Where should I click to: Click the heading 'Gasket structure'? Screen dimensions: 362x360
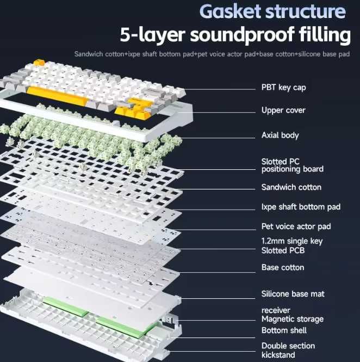(272, 11)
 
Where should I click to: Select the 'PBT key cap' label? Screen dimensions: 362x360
(287, 87)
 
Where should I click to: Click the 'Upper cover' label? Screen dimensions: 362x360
(283, 111)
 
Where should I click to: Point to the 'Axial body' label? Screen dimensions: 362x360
(280, 135)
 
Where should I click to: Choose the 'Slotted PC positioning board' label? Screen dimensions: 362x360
(292, 165)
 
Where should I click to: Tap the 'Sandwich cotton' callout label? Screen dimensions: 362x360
(291, 187)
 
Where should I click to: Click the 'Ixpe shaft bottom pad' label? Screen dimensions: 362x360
(301, 207)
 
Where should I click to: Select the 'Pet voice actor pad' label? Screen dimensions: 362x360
(296, 226)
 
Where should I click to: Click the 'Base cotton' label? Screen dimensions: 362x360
(282, 267)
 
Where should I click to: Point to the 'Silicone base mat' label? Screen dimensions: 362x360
(293, 294)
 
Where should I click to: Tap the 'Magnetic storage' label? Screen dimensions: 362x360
(292, 319)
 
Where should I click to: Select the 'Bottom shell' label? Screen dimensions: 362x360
(284, 330)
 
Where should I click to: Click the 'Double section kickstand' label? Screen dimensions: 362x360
(288, 350)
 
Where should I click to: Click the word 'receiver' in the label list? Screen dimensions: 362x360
(276, 310)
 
